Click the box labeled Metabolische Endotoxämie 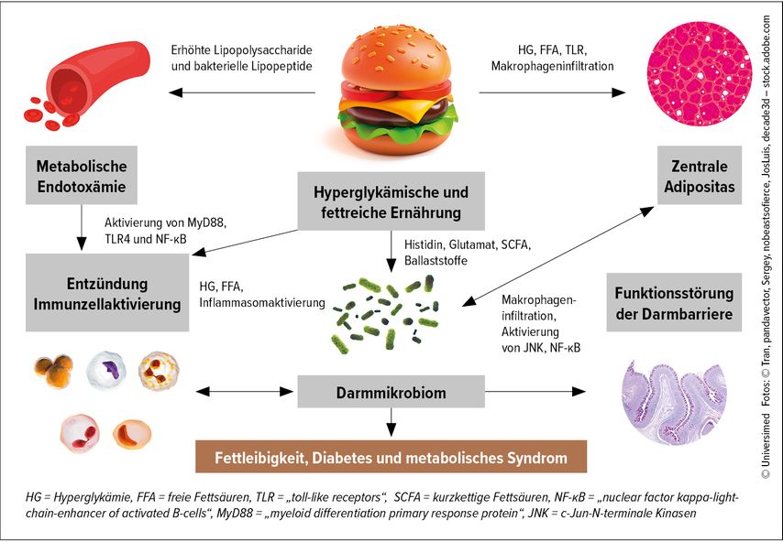click(82, 175)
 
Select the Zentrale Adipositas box click(699, 175)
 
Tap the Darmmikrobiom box click(391, 392)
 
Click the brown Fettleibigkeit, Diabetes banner click(391, 457)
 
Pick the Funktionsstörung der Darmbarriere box click(674, 302)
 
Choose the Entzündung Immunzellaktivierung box click(107, 293)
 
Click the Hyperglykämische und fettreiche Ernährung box click(391, 201)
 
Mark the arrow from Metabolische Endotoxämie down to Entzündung click(82, 227)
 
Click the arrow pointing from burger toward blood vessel click(242, 92)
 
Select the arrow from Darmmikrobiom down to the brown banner click(391, 422)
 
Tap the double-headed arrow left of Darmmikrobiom click(244, 392)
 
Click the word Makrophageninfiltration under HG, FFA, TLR click(552, 66)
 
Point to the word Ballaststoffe click(436, 260)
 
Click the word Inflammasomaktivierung click(262, 303)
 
